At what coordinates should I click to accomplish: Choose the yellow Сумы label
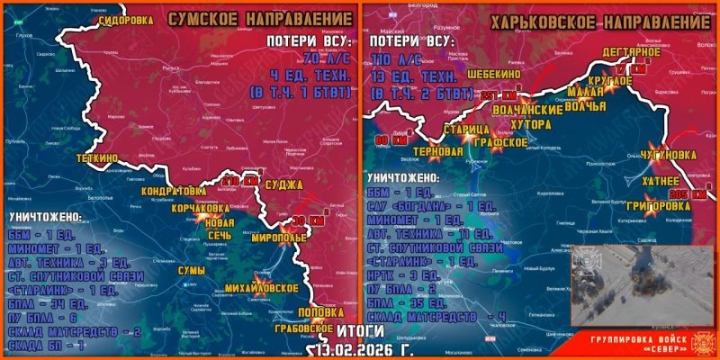[193, 271]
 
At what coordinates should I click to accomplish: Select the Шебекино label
[498, 76]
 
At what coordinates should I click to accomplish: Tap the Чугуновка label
[670, 155]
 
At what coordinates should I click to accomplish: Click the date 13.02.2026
[354, 349]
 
